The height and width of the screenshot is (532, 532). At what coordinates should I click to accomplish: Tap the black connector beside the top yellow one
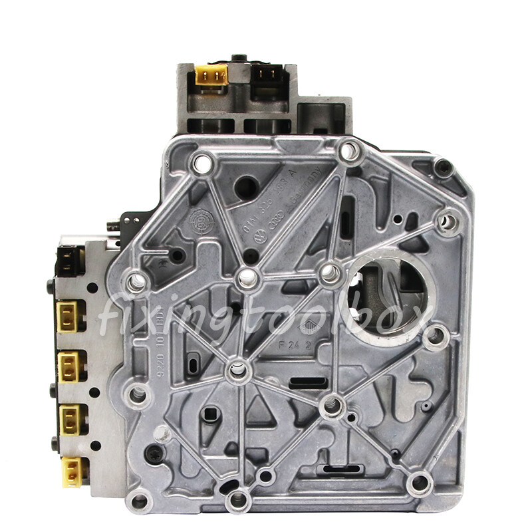(x=268, y=76)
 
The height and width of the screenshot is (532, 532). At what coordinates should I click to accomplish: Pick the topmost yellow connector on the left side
(x=69, y=317)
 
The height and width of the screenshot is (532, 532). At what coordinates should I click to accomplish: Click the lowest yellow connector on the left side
(x=71, y=471)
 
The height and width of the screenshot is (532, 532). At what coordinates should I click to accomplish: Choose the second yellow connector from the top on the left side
(x=68, y=366)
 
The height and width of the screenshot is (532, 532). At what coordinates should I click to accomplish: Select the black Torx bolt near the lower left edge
(x=154, y=455)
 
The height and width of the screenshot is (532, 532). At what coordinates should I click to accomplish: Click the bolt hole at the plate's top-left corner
(x=202, y=162)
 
